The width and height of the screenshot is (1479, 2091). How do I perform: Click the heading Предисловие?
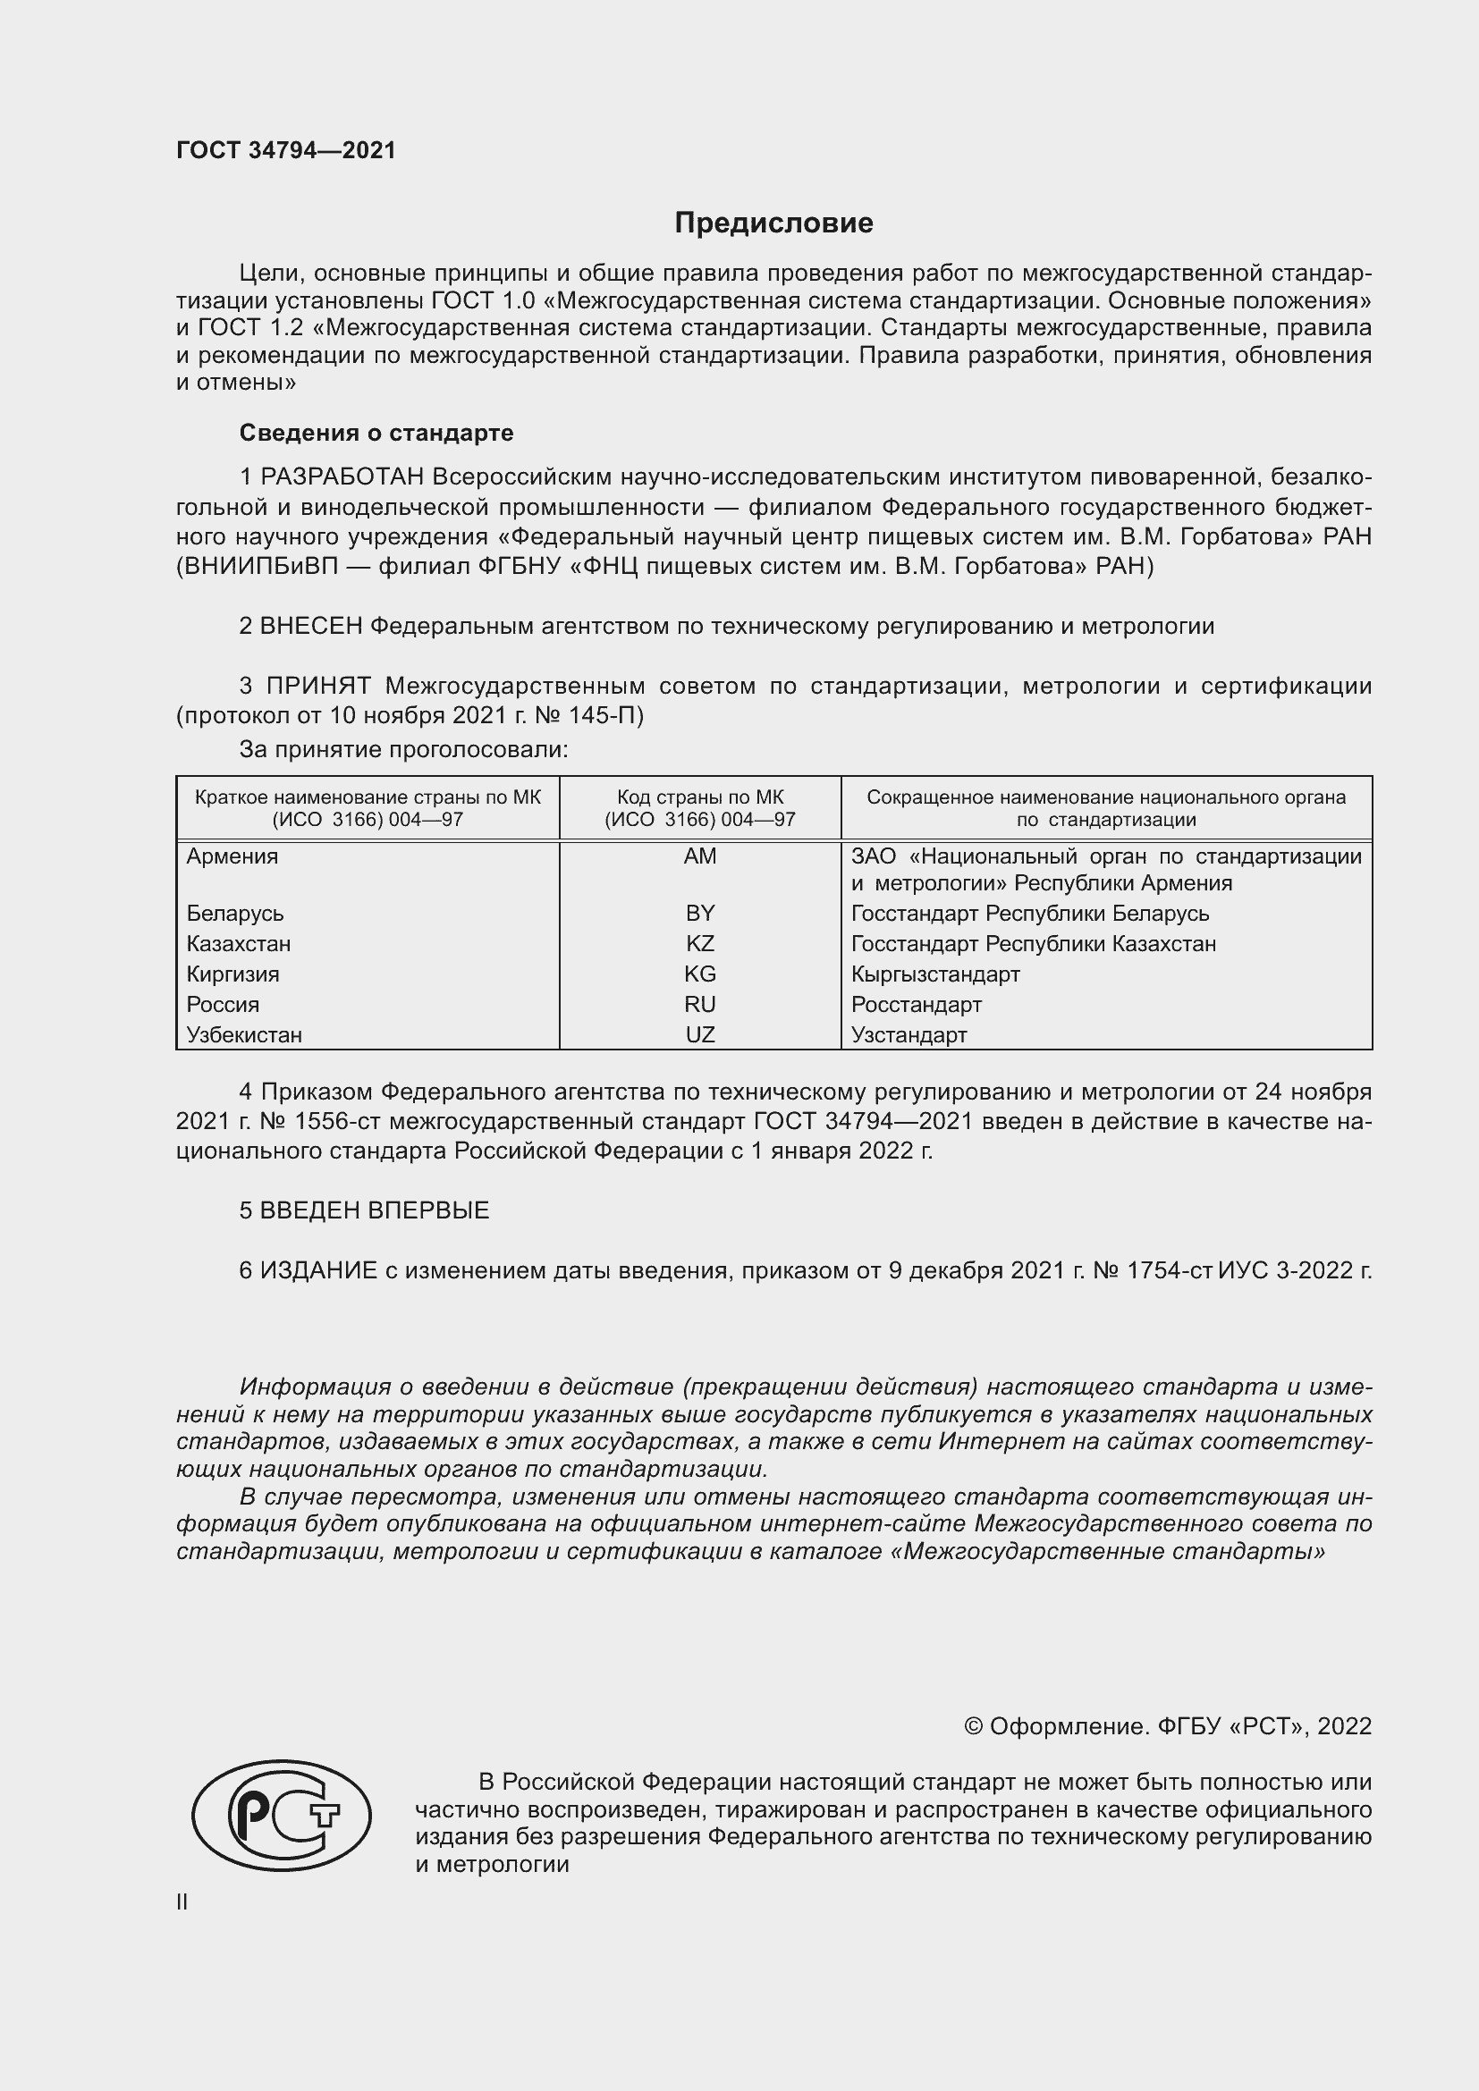pyautogui.click(x=773, y=223)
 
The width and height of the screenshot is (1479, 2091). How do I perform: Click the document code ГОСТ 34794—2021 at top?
pyautogui.click(x=286, y=150)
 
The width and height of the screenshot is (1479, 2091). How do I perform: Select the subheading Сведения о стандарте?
pyautogui.click(x=376, y=433)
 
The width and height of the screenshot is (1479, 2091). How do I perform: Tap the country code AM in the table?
pyautogui.click(x=699, y=856)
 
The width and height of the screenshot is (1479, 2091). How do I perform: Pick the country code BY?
pyautogui.click(x=699, y=913)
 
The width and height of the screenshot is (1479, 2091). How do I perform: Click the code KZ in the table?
pyautogui.click(x=699, y=943)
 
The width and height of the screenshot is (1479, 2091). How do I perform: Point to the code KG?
pyautogui.click(x=699, y=974)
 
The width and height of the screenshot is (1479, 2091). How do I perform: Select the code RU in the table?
pyautogui.click(x=699, y=1005)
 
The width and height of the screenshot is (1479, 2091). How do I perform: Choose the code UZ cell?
pyautogui.click(x=699, y=1034)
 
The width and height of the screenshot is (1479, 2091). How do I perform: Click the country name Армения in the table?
pyautogui.click(x=232, y=856)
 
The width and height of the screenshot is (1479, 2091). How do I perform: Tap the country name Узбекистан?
pyautogui.click(x=244, y=1034)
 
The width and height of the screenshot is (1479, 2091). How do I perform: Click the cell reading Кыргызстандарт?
pyautogui.click(x=935, y=974)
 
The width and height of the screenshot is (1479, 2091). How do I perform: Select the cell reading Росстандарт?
pyautogui.click(x=917, y=1005)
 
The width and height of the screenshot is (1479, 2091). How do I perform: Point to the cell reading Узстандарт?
pyautogui.click(x=909, y=1034)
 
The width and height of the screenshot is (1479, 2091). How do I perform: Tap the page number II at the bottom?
pyautogui.click(x=182, y=1901)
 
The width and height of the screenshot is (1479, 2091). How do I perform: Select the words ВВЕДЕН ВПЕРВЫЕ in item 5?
pyautogui.click(x=375, y=1210)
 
